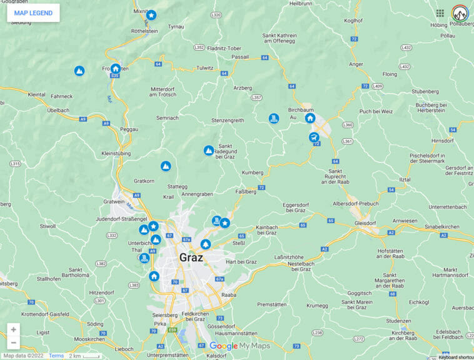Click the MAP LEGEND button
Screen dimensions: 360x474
[x=33, y=13]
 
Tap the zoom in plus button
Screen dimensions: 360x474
[x=14, y=329]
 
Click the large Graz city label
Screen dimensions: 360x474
[x=191, y=257]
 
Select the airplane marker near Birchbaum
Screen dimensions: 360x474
[x=314, y=137]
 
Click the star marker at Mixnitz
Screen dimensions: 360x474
[x=151, y=14]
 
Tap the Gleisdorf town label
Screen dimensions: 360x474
[x=365, y=222]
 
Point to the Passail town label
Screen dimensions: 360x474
[x=240, y=57]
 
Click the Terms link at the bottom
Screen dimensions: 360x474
[x=56, y=356]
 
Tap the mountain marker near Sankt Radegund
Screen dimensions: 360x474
[x=209, y=151]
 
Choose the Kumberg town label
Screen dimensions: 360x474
[x=253, y=172]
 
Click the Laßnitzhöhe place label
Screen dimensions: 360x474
[x=290, y=257]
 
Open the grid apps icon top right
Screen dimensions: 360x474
[x=440, y=13]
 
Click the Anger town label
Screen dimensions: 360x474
[x=356, y=64]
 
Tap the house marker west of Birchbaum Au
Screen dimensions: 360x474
[x=310, y=117]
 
